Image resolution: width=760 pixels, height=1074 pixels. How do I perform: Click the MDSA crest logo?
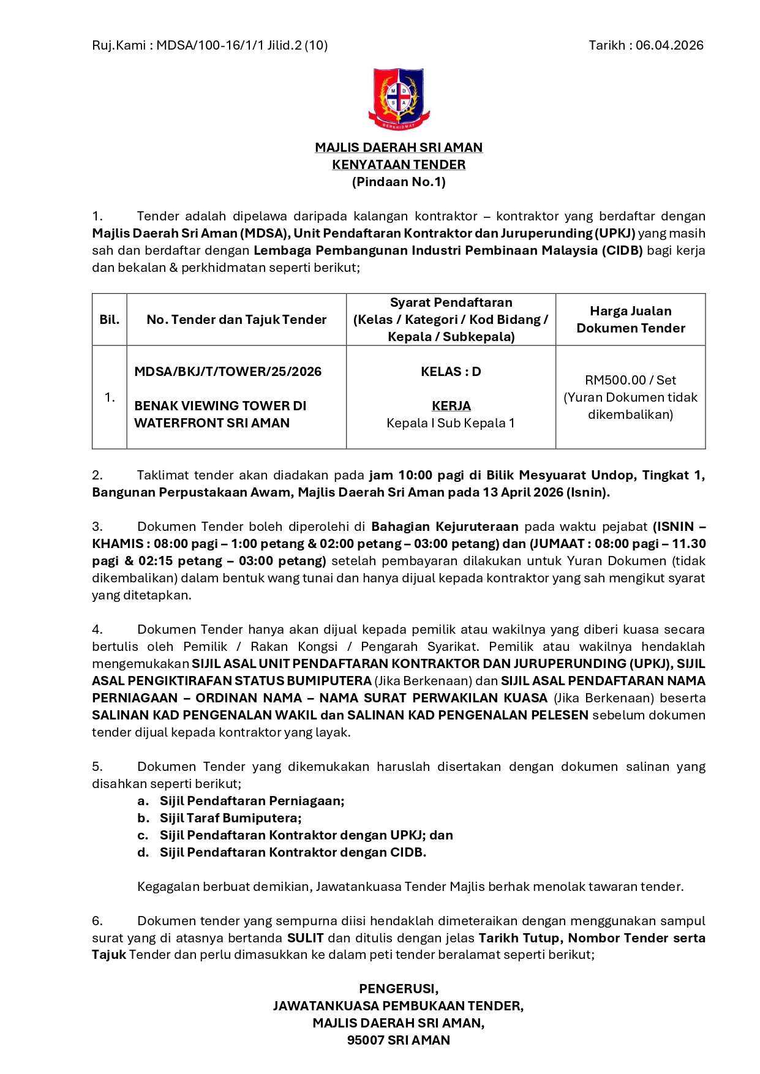pos(399,99)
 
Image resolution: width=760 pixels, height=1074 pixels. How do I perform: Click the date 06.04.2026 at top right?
pos(669,45)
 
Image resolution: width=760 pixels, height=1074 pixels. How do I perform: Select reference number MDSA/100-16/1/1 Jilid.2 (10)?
pos(242,45)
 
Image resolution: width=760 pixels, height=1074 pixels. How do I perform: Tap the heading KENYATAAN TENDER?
pos(399,165)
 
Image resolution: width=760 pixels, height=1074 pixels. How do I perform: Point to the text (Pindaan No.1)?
pos(399,182)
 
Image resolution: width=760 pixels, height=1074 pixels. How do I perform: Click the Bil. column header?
pos(110,320)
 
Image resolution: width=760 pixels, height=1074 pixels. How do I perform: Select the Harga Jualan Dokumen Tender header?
pos(630,320)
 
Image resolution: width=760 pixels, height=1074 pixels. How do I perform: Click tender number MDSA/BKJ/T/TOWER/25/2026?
pos(228,372)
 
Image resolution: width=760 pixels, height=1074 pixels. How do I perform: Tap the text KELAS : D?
pos(451,372)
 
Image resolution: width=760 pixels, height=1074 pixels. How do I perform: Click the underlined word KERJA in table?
pos(451,406)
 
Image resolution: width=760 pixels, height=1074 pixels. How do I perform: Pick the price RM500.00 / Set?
pos(630,380)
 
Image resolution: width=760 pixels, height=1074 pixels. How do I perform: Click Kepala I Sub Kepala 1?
pos(451,423)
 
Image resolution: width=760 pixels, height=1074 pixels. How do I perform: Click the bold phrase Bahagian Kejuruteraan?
pos(445,527)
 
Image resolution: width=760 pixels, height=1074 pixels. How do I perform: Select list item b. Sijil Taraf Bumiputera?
pos(230,818)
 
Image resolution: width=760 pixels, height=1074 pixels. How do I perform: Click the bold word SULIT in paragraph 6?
pos(305,938)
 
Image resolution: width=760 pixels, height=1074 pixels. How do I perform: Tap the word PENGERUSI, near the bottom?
pos(399,989)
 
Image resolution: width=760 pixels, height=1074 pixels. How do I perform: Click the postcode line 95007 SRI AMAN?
pos(399,1040)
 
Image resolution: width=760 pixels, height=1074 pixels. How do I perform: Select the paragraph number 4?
pos(97,629)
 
